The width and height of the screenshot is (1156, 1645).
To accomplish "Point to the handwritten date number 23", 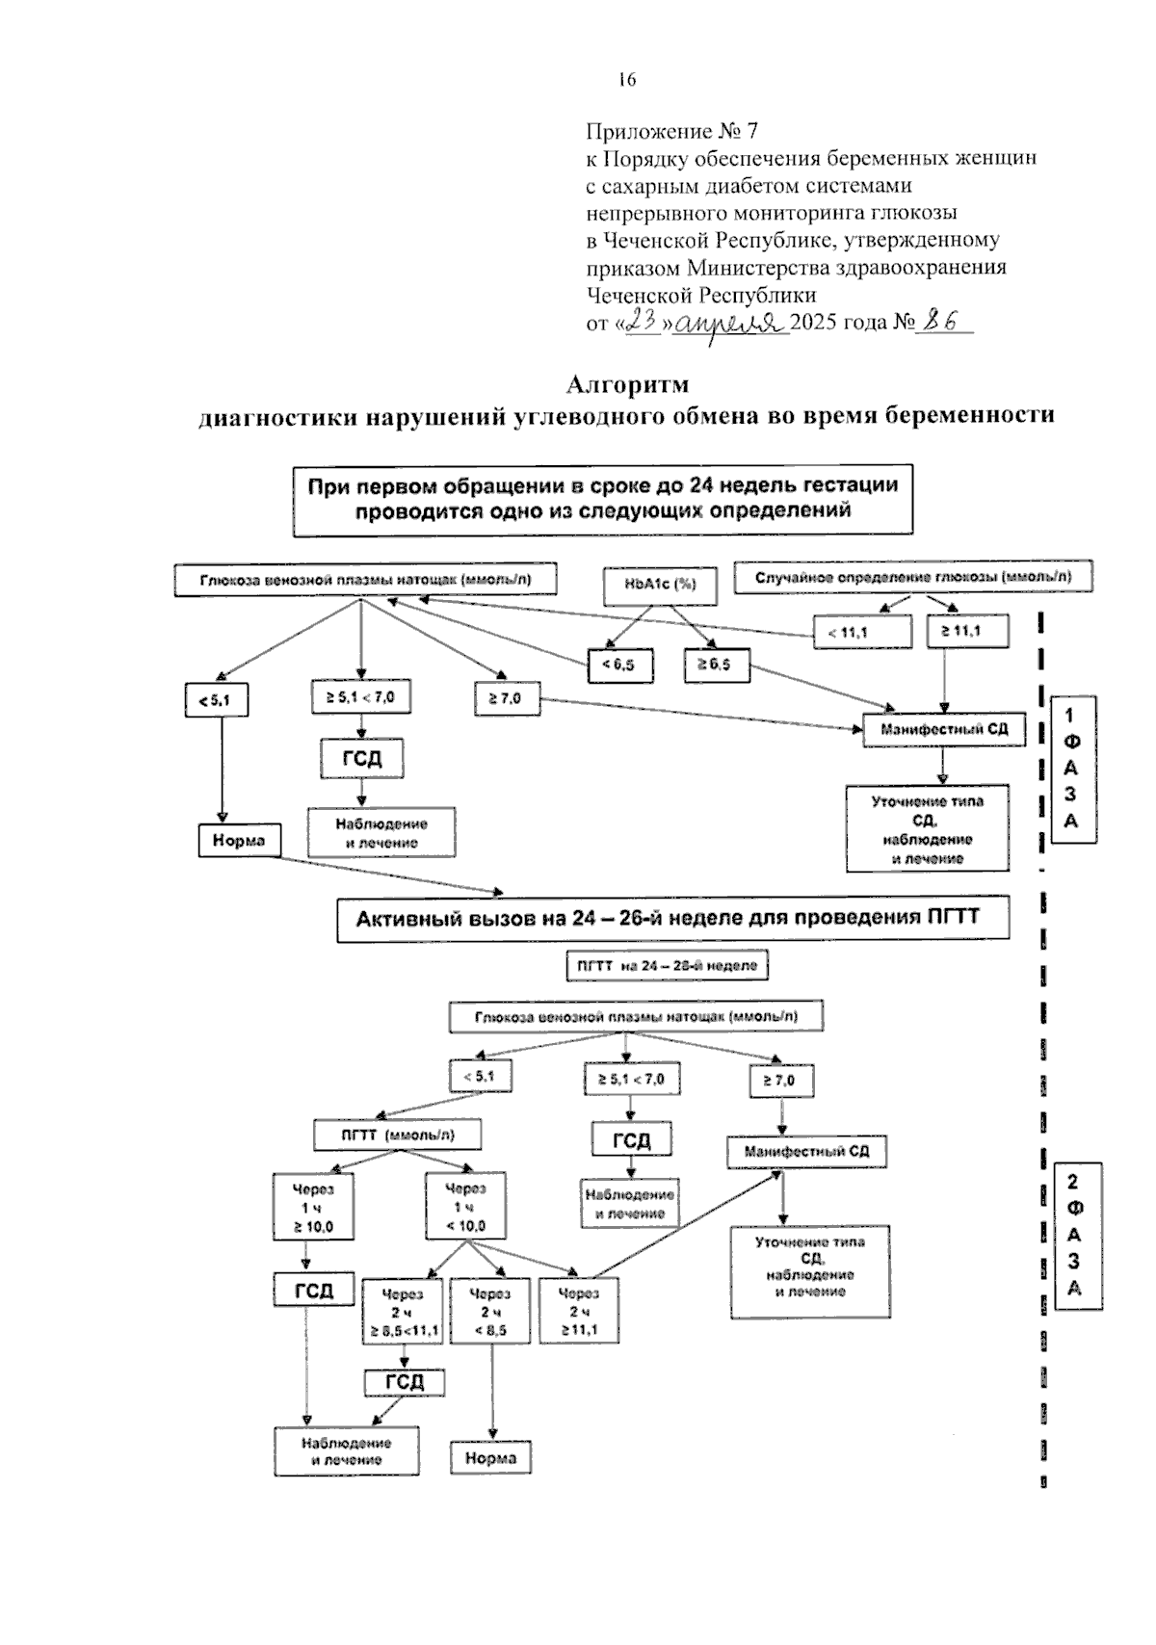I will tap(642, 323).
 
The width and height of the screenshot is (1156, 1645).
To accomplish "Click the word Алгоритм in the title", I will tap(627, 384).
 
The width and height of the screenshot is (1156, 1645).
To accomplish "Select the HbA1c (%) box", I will tap(661, 585).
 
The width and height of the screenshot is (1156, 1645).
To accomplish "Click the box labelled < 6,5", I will tap(618, 665).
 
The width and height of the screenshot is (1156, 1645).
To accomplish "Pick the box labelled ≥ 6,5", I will tap(717, 666).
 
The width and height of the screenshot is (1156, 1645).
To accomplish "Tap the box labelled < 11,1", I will tap(861, 633).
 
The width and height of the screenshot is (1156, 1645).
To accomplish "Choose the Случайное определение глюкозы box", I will tap(912, 578).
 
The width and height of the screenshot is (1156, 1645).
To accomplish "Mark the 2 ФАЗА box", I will tap(1075, 1236).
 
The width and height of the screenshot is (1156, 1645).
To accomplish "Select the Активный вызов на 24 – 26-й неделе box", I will tap(672, 919).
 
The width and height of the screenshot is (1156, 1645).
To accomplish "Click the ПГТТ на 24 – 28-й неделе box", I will tap(667, 965).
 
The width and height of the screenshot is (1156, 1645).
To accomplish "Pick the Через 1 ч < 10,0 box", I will tap(465, 1206).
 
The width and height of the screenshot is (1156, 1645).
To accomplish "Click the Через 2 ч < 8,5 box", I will tap(490, 1311).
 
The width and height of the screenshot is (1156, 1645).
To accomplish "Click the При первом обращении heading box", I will tap(603, 499).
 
